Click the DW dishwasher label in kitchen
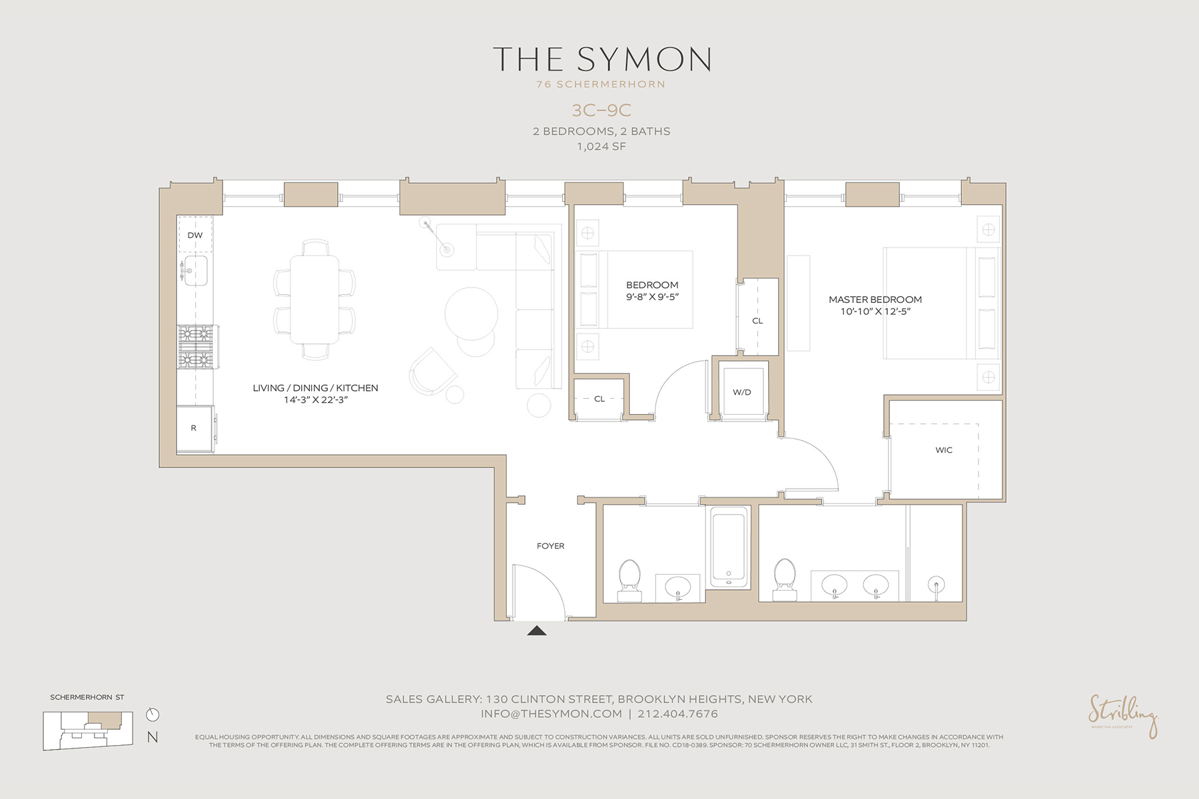195,235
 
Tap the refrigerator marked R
194,428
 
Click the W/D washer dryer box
742,392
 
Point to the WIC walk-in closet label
944,450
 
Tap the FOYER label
550,546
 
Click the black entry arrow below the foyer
537,631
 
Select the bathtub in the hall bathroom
729,547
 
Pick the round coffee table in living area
471,313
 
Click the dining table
314,300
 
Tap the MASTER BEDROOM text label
875,300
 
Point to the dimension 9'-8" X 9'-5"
652,297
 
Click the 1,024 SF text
601,146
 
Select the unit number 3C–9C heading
601,110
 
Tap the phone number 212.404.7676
677,714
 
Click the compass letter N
153,737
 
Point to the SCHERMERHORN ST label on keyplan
87,697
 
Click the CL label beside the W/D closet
757,321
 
